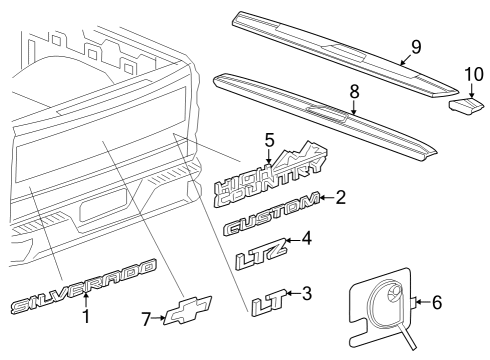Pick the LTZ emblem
259,250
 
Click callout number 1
85,317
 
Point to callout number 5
268,140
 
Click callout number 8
351,92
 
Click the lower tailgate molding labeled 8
320,112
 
